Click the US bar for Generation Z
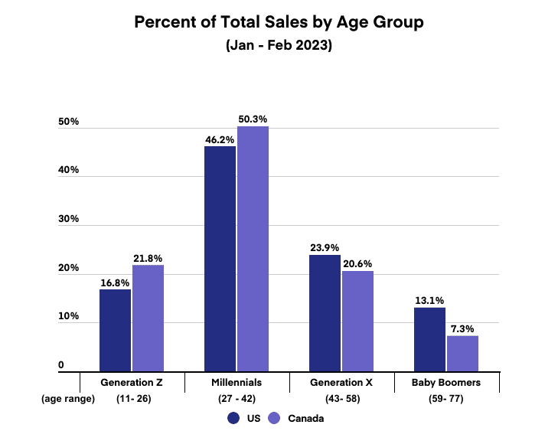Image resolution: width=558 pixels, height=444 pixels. pos(115,330)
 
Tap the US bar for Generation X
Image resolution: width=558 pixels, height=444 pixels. pos(325,313)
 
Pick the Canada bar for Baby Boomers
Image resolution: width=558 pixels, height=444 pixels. pos(462,353)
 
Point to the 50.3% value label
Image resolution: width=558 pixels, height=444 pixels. pos(253,119)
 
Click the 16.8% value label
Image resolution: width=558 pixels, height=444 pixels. pos(115,282)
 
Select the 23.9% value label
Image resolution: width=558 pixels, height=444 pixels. pos(325,248)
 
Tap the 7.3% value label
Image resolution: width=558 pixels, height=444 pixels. pos(462,328)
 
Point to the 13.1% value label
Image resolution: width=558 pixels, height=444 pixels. pos(429,300)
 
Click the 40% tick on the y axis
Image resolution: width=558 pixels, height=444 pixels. pos(69,170)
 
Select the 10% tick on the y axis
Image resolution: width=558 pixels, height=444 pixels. pos(69,316)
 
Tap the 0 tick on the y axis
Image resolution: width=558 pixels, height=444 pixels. pos(60,366)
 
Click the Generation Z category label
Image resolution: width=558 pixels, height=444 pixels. pos(132,381)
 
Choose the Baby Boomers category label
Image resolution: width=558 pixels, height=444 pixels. pos(447,381)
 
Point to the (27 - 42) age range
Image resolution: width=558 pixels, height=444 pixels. pos(236,398)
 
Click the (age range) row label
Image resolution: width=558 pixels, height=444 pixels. pos(69,398)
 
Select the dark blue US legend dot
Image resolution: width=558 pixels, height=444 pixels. pos(233,418)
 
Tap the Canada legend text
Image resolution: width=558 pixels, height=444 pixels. pos(306,418)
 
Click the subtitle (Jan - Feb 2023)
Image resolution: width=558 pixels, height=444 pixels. pos(279,45)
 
